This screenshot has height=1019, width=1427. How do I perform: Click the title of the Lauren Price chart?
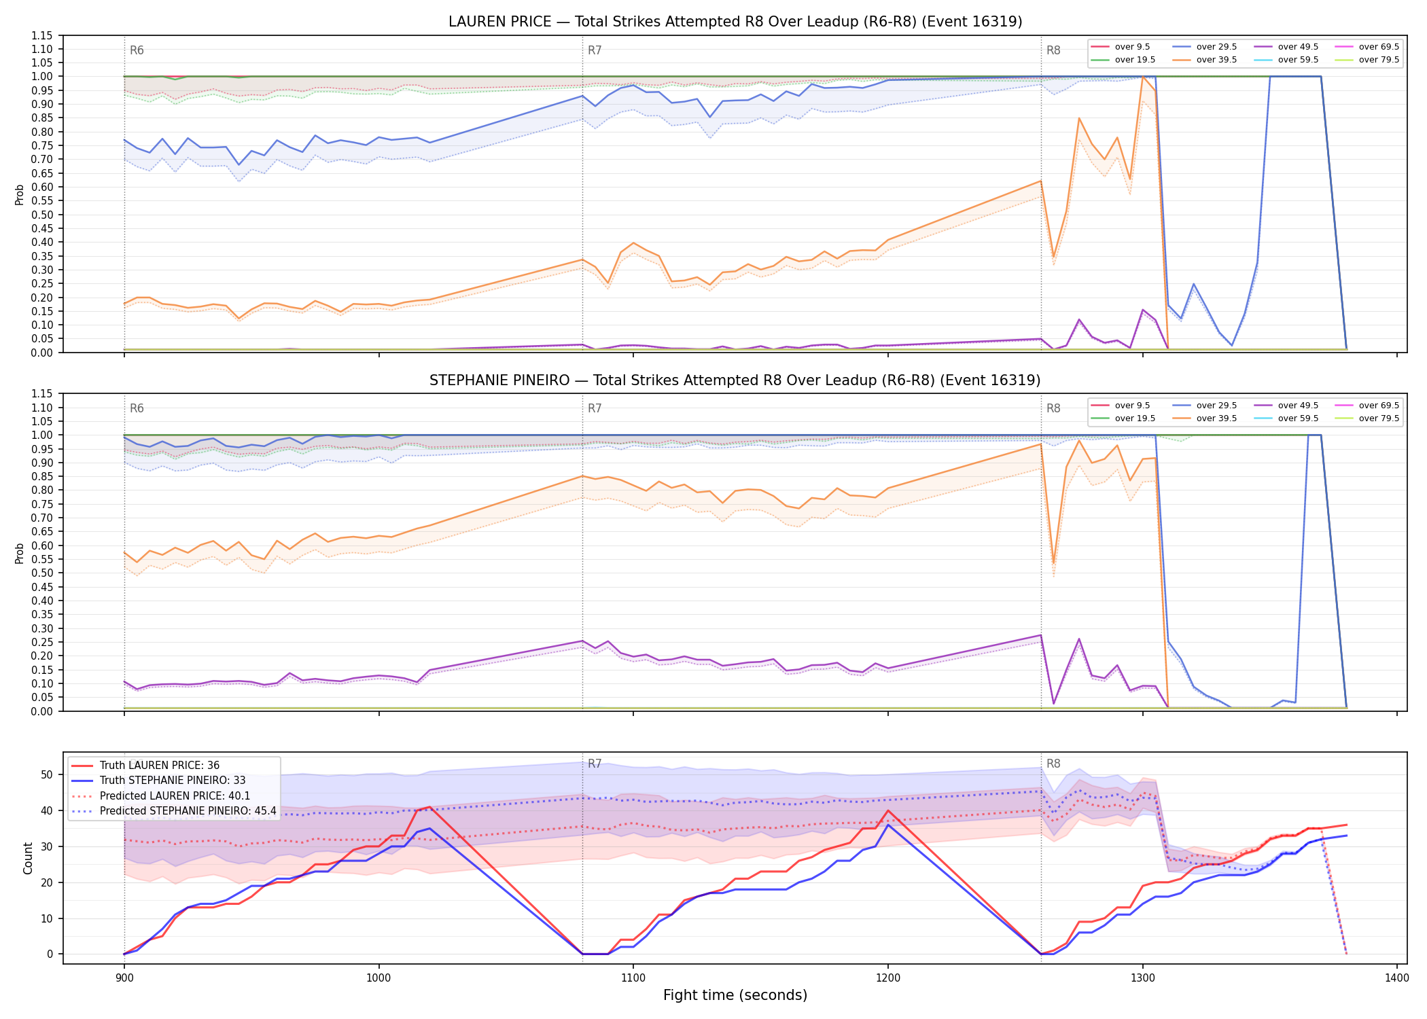(735, 22)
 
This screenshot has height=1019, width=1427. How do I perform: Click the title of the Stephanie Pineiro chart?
(735, 380)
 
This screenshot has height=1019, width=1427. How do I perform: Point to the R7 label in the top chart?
(595, 50)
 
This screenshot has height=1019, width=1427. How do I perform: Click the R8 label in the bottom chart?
(1053, 764)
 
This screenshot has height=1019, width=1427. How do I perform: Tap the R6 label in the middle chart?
(137, 408)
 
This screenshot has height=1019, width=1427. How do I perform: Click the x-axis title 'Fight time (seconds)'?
(735, 995)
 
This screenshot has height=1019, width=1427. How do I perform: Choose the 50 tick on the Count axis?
(47, 775)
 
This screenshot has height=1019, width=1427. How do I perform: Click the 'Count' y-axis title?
(28, 858)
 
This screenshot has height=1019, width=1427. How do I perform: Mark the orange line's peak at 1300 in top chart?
(1143, 77)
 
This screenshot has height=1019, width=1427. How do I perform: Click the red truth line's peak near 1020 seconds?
(429, 807)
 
